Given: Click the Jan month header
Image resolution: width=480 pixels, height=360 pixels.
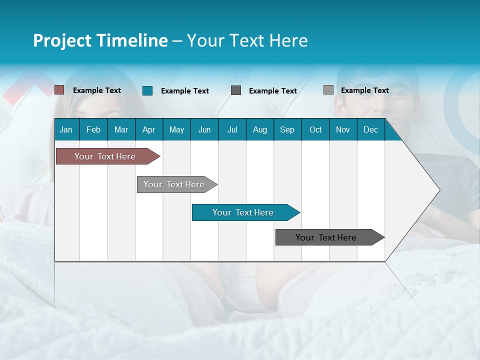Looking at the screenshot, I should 66,129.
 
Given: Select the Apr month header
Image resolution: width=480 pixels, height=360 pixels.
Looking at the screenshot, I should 148,129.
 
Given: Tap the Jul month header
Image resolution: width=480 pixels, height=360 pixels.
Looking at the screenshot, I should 232,129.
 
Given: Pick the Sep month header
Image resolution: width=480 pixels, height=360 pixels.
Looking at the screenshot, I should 287,129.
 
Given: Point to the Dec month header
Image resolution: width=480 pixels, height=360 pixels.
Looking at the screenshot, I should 370,129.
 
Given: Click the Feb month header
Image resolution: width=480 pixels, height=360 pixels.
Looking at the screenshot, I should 93,129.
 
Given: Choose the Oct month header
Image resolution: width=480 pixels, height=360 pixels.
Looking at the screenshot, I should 315,129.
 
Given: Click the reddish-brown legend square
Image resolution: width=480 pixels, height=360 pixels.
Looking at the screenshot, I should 59,90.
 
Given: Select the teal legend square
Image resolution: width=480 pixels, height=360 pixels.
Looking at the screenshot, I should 147,90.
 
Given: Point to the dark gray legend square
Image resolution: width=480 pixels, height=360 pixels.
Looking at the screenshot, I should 236,90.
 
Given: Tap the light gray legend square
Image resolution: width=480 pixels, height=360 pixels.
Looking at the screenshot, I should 328,90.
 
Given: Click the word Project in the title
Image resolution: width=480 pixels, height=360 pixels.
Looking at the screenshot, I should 62,40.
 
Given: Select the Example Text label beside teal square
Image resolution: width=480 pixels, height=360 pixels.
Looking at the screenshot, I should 185,91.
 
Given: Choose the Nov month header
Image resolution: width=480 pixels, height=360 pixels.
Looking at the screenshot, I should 343,129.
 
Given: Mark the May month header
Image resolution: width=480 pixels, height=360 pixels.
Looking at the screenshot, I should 176,129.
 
